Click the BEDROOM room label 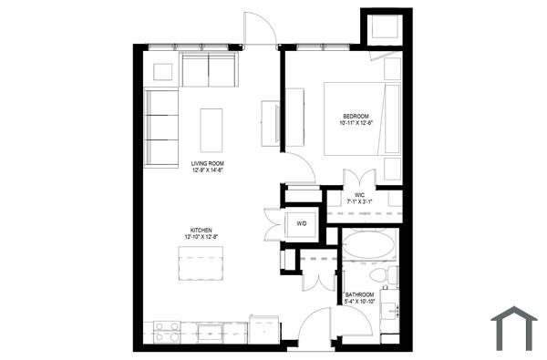[x=356, y=116]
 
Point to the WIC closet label [x=360, y=194]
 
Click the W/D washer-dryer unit [x=302, y=225]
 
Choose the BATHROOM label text [x=362, y=295]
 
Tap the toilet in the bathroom [x=382, y=275]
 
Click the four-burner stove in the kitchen [x=166, y=331]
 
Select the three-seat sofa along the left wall [x=161, y=128]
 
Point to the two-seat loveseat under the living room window [x=210, y=69]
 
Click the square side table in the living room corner [x=164, y=70]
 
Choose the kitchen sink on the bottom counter [x=212, y=331]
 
